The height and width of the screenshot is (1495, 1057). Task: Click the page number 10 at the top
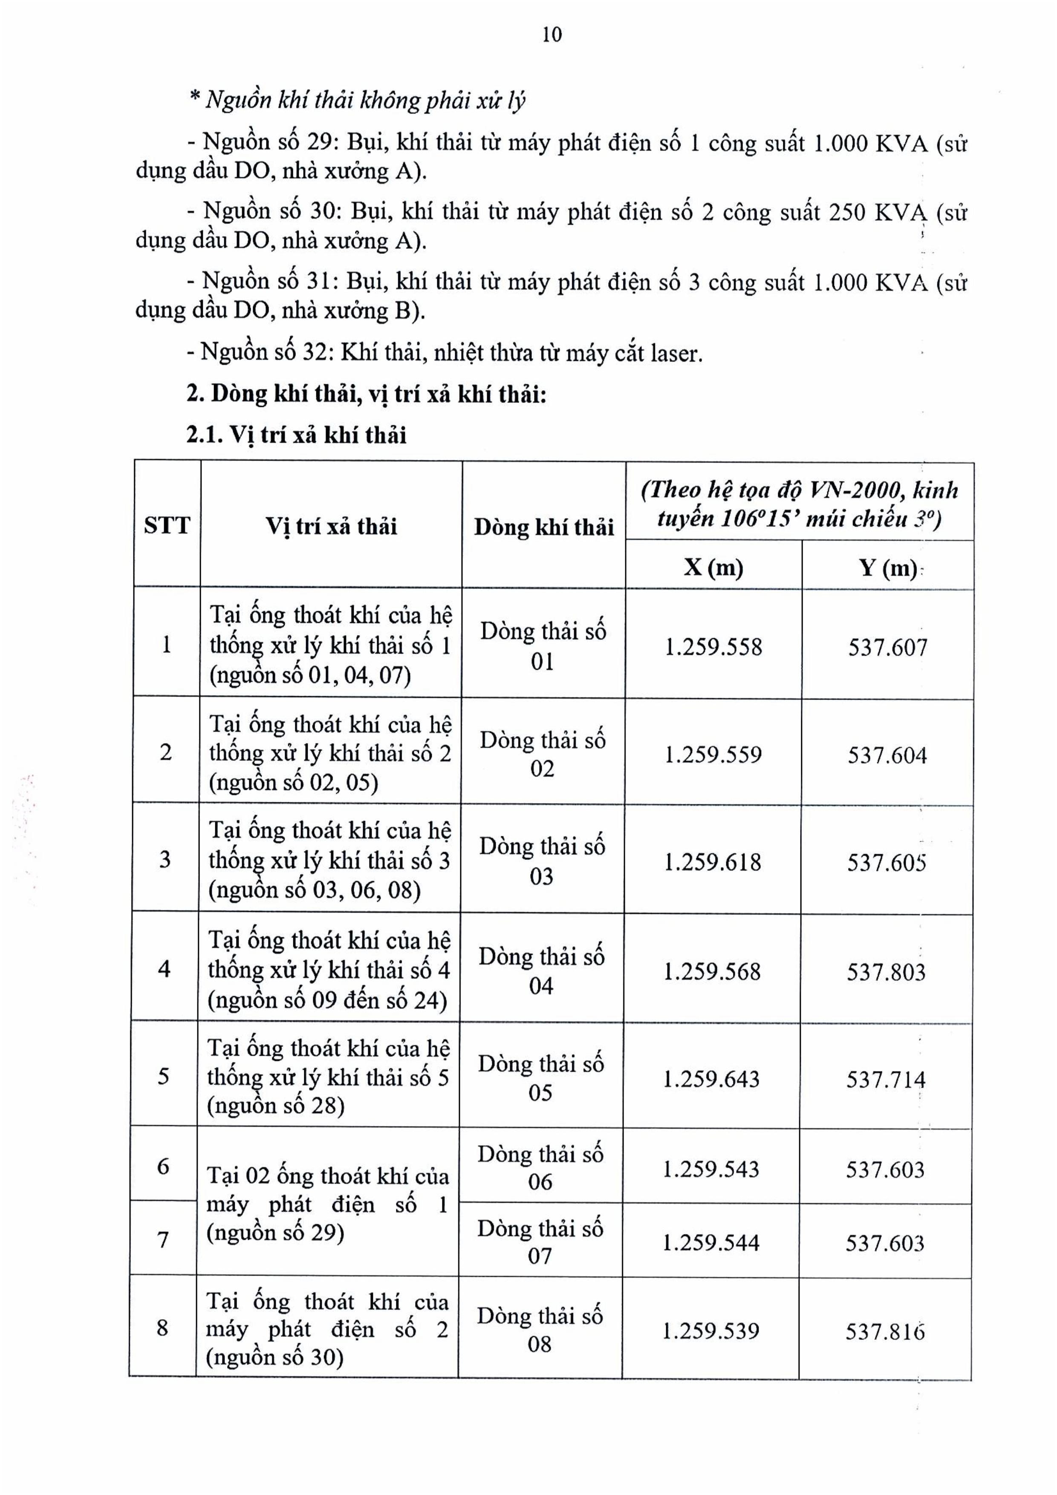[x=552, y=35]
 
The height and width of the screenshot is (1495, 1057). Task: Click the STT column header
[x=167, y=525]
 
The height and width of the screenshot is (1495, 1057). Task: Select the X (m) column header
[x=713, y=567]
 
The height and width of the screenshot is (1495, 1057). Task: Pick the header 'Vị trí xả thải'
[x=331, y=525]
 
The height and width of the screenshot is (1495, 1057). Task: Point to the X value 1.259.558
[x=713, y=647]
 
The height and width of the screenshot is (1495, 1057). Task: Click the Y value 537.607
[x=887, y=647]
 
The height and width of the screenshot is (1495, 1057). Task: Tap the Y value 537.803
[x=886, y=972]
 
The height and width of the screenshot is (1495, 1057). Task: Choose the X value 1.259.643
[x=711, y=1079]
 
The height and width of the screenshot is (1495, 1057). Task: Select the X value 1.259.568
[x=712, y=971]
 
